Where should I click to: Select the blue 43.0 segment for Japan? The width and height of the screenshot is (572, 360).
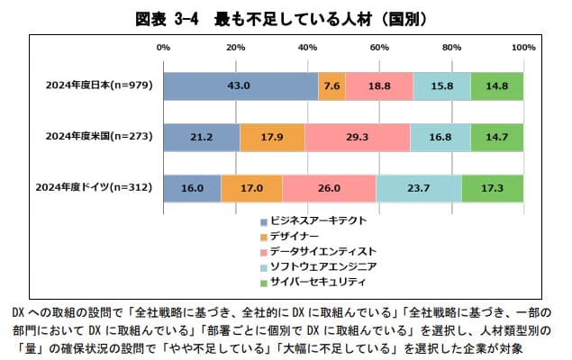tap(241, 85)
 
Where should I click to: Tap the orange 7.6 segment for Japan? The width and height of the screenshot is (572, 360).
tap(331, 85)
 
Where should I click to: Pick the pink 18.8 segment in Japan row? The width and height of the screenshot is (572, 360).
tap(378, 85)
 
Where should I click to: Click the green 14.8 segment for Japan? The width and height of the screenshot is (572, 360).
tap(497, 85)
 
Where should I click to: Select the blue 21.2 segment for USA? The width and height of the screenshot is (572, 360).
tap(202, 137)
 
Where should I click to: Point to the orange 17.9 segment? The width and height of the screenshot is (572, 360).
tap(272, 137)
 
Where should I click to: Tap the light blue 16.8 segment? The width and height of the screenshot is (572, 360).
tap(440, 137)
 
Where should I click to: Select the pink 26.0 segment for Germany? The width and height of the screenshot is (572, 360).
tap(329, 187)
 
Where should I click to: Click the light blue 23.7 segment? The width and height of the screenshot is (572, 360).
tap(418, 187)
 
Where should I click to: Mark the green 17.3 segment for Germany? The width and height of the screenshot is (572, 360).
tap(493, 187)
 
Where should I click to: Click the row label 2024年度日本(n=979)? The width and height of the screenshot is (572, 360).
tap(101, 85)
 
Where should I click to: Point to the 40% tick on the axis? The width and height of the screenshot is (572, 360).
tap(307, 46)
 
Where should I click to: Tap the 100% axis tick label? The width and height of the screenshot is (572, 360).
tap(522, 46)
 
